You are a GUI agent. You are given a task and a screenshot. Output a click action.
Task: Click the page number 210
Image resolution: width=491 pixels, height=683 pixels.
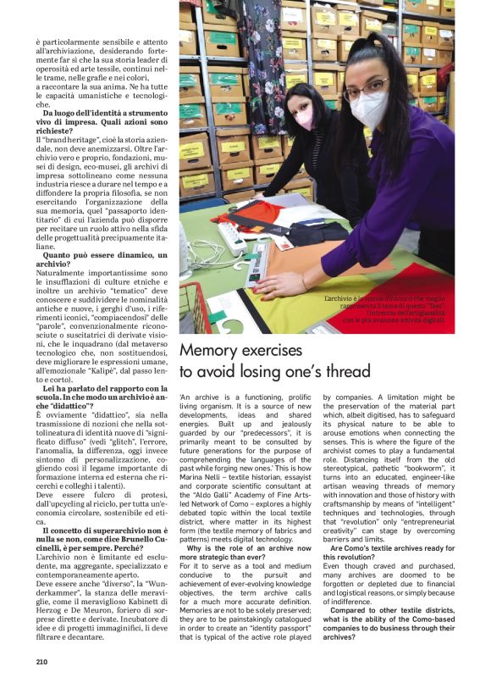pos(41,663)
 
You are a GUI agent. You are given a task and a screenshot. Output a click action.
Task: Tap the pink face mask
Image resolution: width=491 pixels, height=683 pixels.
pos(304,116)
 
